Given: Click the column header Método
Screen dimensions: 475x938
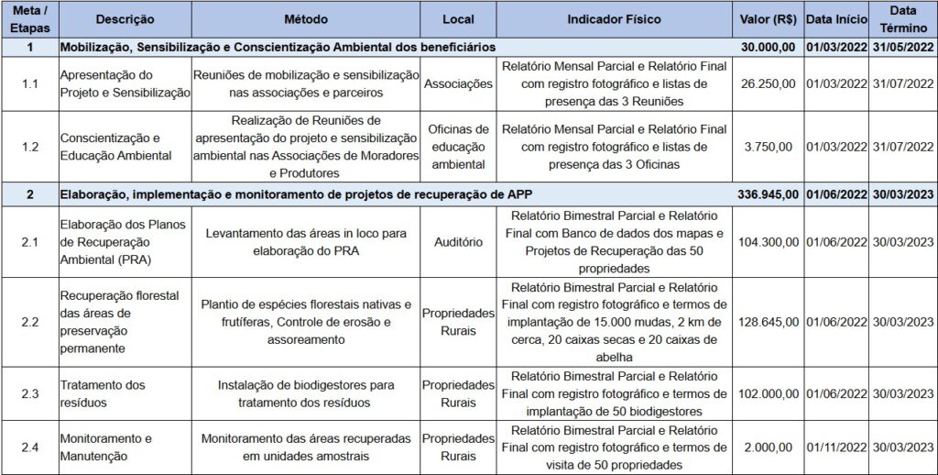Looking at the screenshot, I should point(305,19).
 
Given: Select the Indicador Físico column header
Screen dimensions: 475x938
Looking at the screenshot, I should point(614,19).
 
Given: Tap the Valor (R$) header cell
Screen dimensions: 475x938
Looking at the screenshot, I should point(768,19).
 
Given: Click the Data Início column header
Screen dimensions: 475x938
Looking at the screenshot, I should point(835,19).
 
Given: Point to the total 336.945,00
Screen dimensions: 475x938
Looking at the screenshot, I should point(768,194).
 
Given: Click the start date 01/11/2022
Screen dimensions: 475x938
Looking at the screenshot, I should point(835,447).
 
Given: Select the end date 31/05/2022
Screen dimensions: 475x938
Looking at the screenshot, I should point(902,46).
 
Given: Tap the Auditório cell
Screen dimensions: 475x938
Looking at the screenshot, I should point(458,241).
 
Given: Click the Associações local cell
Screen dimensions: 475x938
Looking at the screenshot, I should point(458,84).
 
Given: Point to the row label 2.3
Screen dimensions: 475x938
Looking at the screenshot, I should point(30,393).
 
